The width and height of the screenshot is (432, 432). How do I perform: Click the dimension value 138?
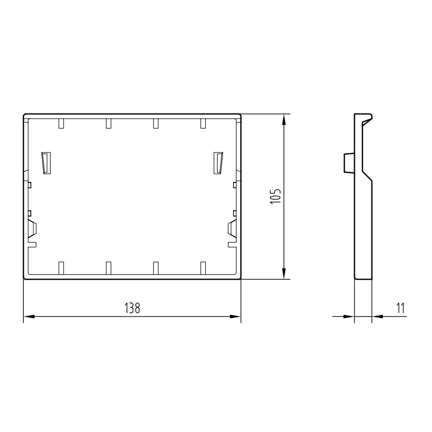[x=132, y=308]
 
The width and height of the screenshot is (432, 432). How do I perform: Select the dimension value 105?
[x=275, y=197]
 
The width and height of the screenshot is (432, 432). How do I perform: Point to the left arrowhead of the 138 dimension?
[x=28, y=316]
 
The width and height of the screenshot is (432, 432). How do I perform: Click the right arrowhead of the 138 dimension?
[x=236, y=316]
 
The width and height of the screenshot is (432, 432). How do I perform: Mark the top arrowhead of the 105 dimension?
[x=283, y=118]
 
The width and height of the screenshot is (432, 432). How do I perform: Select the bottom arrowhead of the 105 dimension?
[x=283, y=275]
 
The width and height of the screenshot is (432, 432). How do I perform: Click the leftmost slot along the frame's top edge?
[x=61, y=124]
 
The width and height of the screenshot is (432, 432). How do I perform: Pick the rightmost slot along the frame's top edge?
[x=203, y=124]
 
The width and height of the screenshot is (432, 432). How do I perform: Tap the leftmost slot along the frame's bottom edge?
[x=61, y=267]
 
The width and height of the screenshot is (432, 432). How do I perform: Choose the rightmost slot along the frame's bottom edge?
[x=203, y=267]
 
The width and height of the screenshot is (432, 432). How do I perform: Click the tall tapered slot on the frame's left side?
[x=46, y=163]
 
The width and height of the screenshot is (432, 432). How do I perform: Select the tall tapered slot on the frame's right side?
[x=218, y=163]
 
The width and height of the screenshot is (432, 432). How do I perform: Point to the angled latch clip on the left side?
[x=32, y=229]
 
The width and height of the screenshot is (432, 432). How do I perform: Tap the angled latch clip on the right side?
[x=232, y=229]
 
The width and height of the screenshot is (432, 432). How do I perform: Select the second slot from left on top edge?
[x=109, y=124]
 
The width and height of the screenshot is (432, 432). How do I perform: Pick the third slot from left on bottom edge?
[x=156, y=267]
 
